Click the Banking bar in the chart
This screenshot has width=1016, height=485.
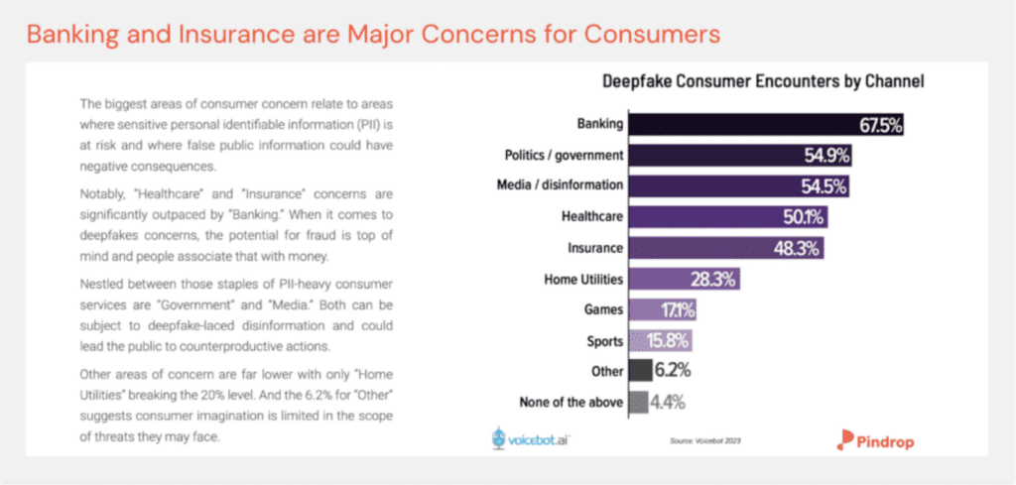click(764, 125)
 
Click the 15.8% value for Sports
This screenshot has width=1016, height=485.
click(668, 341)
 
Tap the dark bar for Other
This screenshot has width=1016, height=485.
click(640, 371)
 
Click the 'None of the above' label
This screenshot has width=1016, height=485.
click(571, 402)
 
